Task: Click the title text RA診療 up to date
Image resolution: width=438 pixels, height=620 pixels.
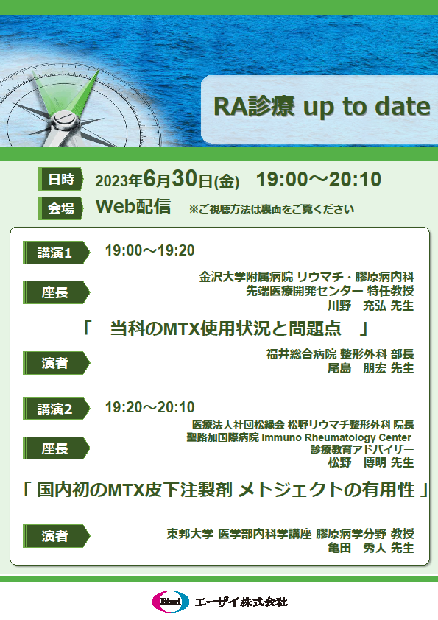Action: point(322,107)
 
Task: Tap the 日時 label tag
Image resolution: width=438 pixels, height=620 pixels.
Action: point(60,179)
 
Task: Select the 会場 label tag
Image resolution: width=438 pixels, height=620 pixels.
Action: point(60,208)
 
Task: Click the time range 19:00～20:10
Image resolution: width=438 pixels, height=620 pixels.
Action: point(319,179)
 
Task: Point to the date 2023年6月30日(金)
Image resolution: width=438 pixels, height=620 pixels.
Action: point(167,180)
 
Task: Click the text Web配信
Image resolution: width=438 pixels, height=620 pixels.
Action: point(134,206)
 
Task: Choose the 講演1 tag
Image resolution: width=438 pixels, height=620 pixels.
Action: point(56,253)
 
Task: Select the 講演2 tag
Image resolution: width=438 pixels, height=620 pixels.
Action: point(56,409)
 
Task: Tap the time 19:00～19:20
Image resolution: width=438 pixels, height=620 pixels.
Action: point(150,250)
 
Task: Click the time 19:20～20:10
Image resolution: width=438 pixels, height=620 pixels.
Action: point(150,407)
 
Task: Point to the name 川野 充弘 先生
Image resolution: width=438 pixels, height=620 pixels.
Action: point(371,306)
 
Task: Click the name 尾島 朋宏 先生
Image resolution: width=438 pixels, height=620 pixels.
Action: point(371,368)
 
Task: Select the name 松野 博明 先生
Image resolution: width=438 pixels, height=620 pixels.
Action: point(371,462)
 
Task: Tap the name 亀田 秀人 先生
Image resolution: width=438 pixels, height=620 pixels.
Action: point(371,548)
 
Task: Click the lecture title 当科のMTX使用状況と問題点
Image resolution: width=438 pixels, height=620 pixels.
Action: point(225,328)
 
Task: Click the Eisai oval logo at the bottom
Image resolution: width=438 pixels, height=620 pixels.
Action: point(171,602)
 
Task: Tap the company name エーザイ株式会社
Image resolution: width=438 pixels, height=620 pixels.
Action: point(241,602)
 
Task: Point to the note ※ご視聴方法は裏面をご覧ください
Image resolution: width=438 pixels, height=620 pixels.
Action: point(272,209)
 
